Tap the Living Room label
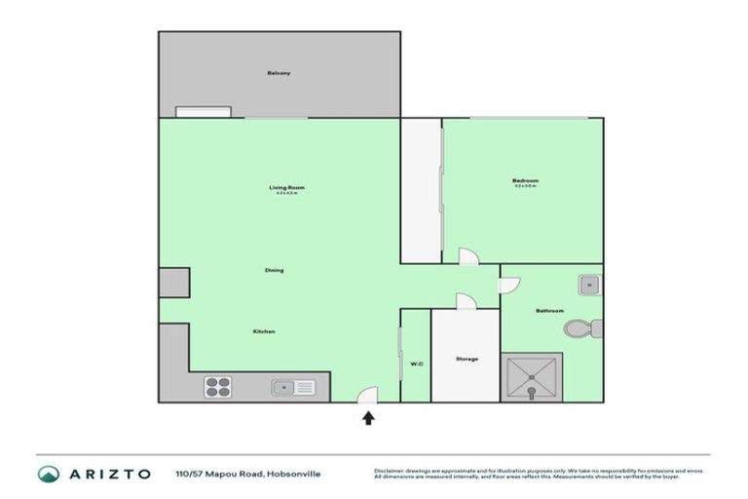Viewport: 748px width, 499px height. [287, 187]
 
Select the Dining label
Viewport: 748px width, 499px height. [274, 270]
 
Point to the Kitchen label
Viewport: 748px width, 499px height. [264, 332]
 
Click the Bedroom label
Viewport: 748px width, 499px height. [525, 180]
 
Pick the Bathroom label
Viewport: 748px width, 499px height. [549, 311]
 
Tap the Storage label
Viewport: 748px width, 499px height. [467, 360]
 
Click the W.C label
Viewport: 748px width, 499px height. [416, 365]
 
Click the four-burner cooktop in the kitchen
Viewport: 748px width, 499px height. [216, 387]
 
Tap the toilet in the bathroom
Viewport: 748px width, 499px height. [580, 328]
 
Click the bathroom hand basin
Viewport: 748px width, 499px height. [588, 285]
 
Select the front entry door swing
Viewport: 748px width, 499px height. [367, 394]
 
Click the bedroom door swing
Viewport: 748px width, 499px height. [468, 255]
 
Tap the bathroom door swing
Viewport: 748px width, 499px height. [508, 285]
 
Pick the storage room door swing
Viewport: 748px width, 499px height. [465, 301]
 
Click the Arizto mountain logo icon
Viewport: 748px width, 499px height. [49, 474]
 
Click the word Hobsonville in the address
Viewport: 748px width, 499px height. [297, 475]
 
